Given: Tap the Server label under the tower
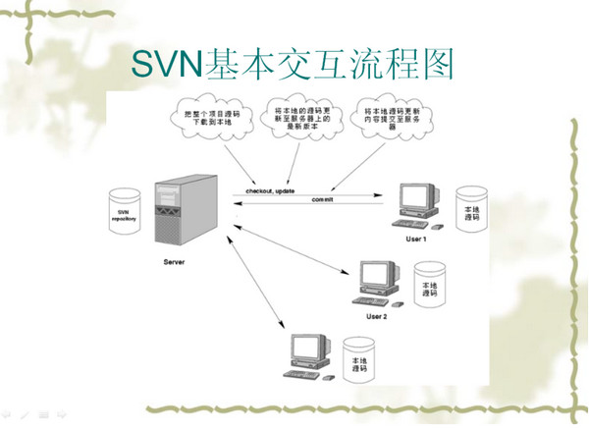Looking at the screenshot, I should coord(174,262).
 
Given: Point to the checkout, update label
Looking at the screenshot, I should coord(270,188).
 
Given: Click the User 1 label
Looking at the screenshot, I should coord(416,240).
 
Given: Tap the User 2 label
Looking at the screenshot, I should coord(377,316).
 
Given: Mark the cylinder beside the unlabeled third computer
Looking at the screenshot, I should coord(357,364).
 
